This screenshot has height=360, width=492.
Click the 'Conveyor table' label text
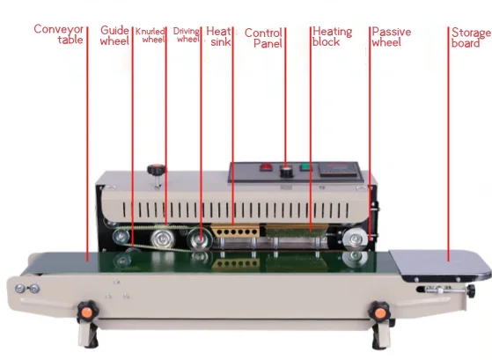point(59,34)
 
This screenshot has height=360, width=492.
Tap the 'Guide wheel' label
point(114,35)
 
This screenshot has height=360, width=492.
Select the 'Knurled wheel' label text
point(151,35)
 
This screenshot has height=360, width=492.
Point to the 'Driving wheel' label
point(187,35)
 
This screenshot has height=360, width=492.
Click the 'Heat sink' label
point(217,36)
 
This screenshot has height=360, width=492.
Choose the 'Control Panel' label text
point(263,38)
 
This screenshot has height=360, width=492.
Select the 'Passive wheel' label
point(391,36)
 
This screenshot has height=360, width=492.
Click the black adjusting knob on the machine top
point(157,170)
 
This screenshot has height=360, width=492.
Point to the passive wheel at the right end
point(356,236)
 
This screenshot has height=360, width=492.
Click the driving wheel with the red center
point(199,236)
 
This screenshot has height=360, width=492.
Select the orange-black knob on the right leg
point(379,311)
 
